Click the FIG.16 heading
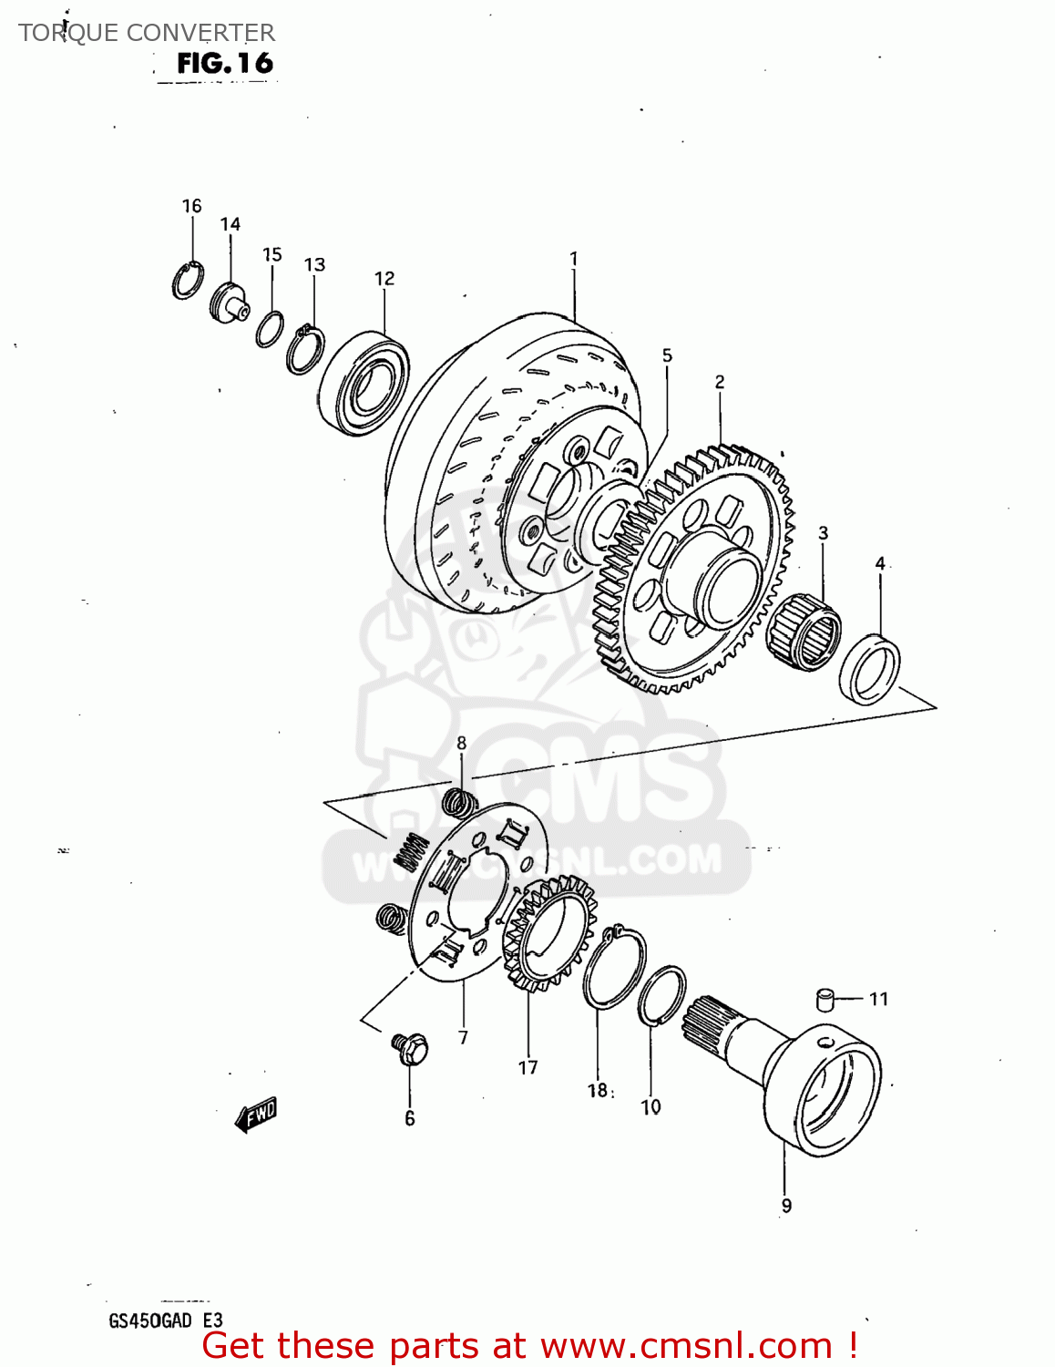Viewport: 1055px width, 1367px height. pyautogui.click(x=224, y=63)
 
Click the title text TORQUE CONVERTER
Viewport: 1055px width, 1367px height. pyautogui.click(x=147, y=33)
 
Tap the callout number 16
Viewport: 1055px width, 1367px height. pyautogui.click(x=191, y=206)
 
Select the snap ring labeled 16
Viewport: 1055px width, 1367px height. pyautogui.click(x=187, y=281)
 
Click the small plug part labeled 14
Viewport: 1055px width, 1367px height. pyautogui.click(x=229, y=302)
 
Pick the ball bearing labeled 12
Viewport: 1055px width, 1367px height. pyautogui.click(x=364, y=383)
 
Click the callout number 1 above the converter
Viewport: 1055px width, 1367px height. pyautogui.click(x=574, y=259)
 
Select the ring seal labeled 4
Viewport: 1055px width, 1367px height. pyautogui.click(x=869, y=671)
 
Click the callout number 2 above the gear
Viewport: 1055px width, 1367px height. pyautogui.click(x=720, y=382)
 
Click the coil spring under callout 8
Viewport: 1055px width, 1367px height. pyautogui.click(x=460, y=802)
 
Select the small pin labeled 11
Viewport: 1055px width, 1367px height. pyautogui.click(x=825, y=999)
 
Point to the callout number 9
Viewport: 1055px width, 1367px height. pyautogui.click(x=786, y=1206)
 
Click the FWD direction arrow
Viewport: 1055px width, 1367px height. pyautogui.click(x=256, y=1114)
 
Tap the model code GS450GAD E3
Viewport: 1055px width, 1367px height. pyautogui.click(x=165, y=1321)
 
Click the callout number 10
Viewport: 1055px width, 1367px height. pyautogui.click(x=650, y=1107)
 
